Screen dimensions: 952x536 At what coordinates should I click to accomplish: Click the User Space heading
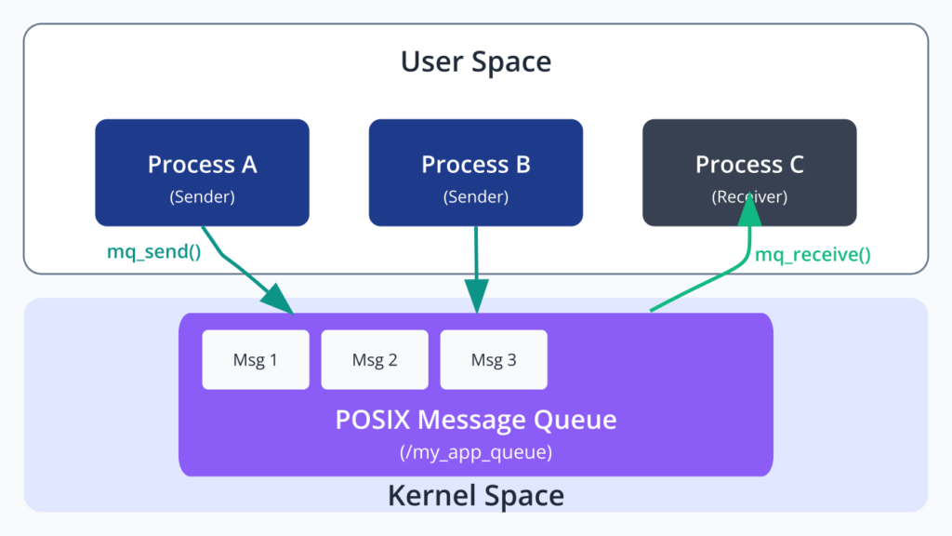(476, 61)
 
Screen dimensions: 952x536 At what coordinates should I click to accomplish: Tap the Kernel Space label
(476, 495)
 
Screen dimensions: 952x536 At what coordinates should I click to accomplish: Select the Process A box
(202, 172)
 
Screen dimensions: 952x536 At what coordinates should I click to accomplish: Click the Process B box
(476, 172)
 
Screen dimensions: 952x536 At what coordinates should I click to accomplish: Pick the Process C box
(750, 172)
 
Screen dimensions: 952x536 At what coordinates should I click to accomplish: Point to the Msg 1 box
(256, 360)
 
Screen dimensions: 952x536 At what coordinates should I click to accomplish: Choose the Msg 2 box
(375, 360)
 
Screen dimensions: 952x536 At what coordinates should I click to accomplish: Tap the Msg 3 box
(494, 360)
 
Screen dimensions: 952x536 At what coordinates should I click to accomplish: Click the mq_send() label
(153, 251)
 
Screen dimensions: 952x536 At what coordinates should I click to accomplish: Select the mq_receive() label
(813, 255)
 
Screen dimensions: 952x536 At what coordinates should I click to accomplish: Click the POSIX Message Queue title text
(476, 420)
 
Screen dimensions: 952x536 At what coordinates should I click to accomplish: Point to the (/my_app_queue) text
(476, 452)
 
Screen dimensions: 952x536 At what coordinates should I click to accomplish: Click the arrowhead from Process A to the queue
(277, 299)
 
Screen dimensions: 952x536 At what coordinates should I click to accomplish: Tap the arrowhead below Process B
(477, 296)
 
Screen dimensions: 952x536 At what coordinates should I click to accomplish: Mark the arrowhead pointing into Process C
(750, 210)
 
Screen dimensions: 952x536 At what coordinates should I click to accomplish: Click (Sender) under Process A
(202, 197)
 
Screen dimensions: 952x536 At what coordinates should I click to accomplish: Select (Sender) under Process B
(476, 197)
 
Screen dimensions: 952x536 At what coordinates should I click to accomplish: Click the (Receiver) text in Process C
(750, 197)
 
